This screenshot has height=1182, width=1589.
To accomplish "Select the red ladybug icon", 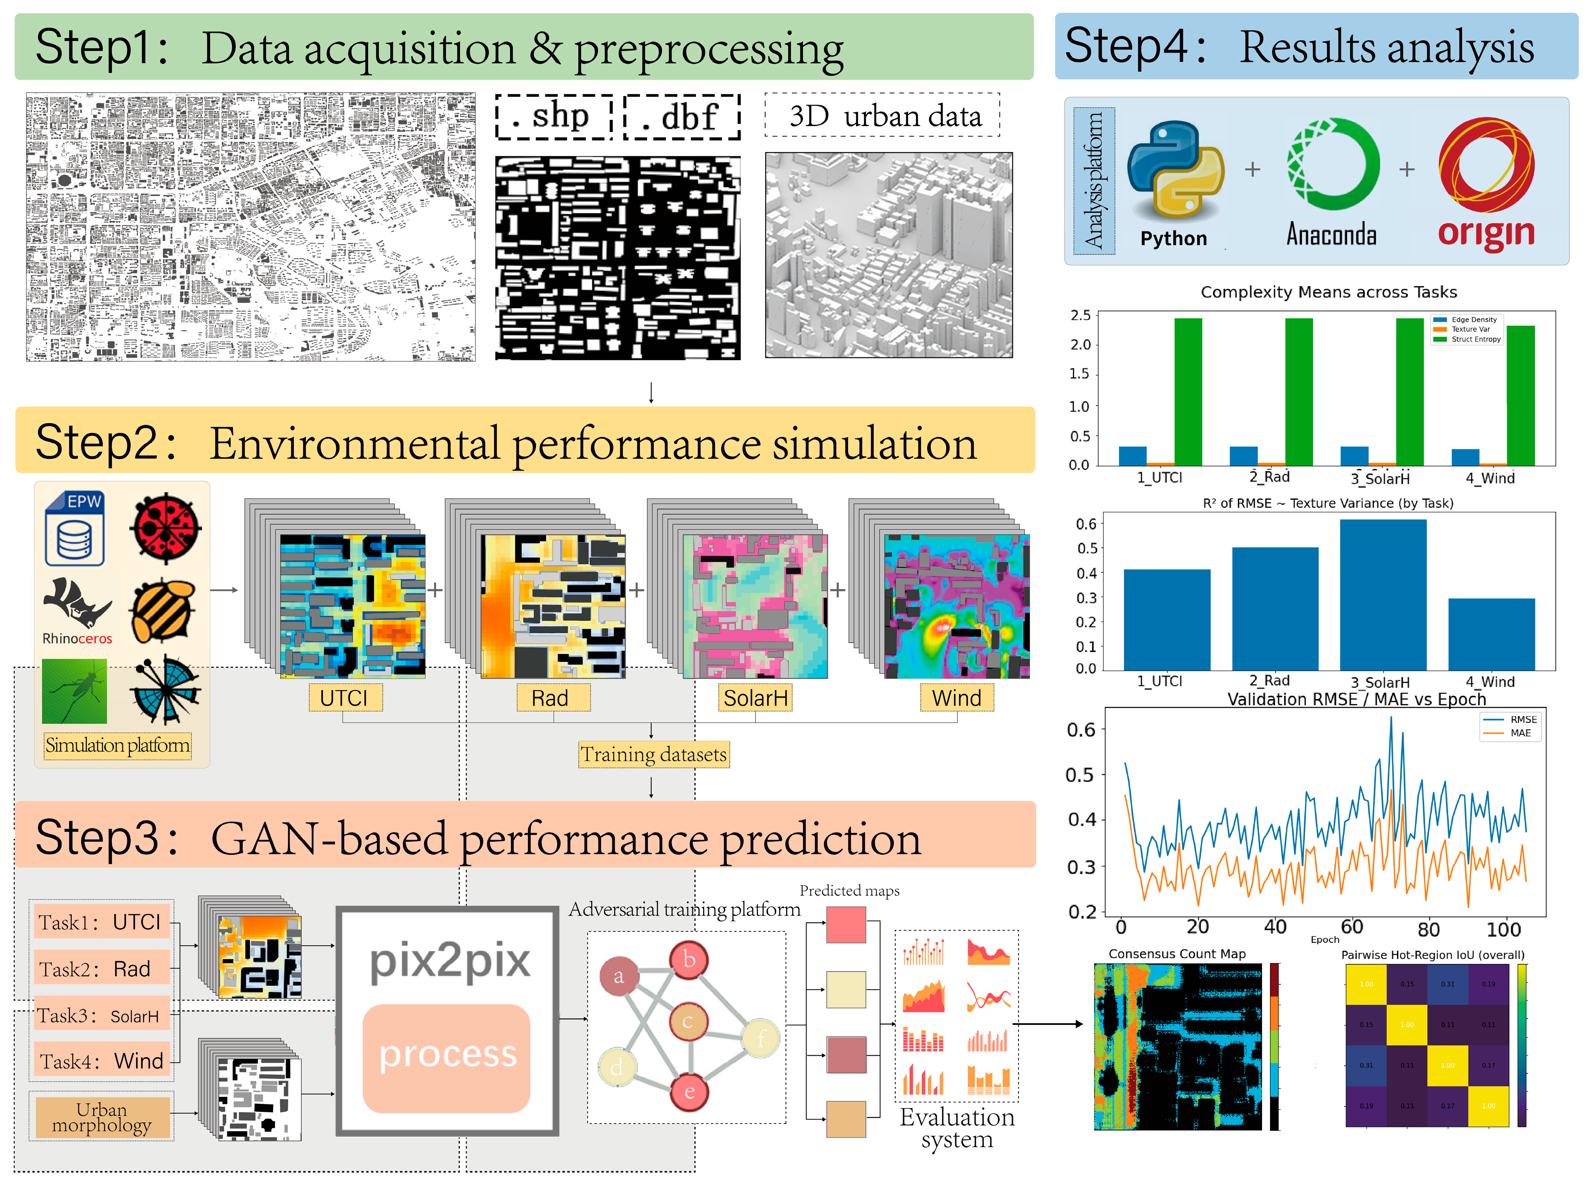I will [166, 528].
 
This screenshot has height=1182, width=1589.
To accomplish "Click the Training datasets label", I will [653, 754].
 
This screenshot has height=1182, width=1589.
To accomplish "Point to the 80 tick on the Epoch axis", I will [1428, 929].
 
